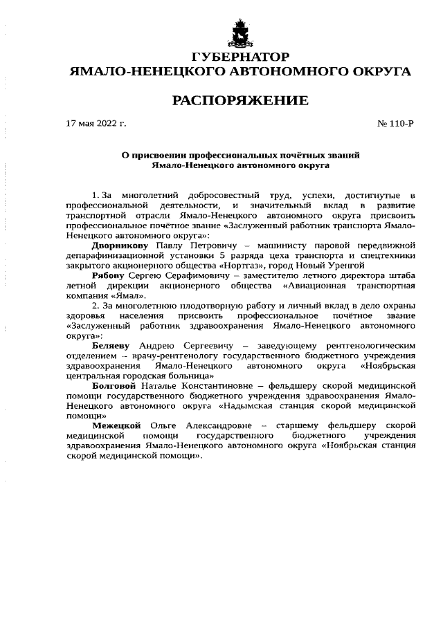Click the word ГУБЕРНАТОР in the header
[x=239, y=56]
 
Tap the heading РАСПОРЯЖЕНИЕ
[x=239, y=101]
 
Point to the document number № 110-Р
[x=395, y=124]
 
